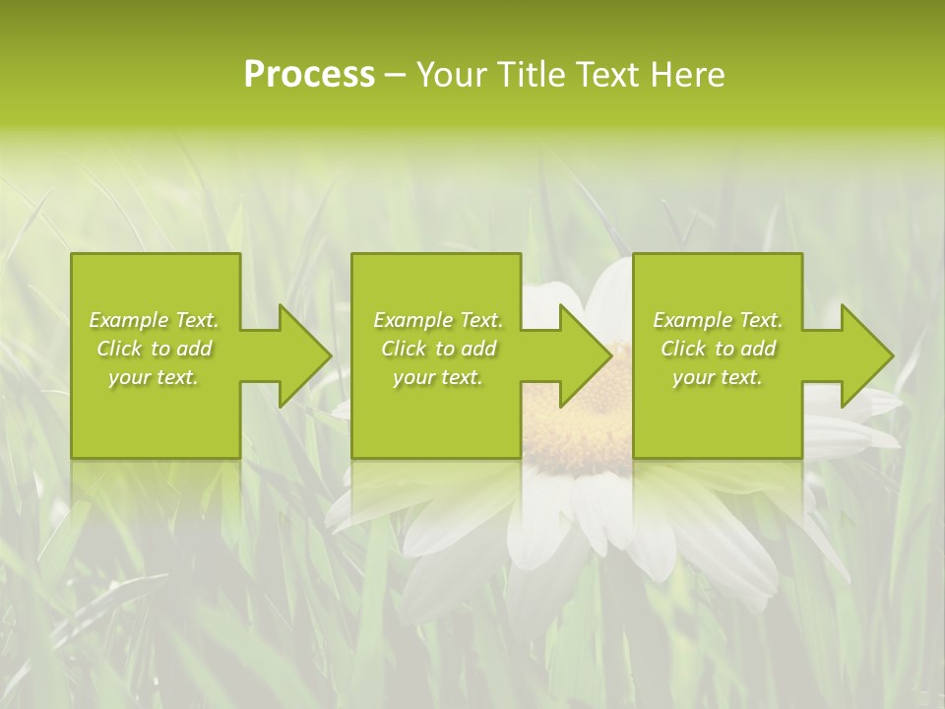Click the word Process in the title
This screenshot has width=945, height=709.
click(309, 75)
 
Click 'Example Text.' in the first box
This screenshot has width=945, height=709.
click(154, 320)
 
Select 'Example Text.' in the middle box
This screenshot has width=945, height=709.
click(438, 320)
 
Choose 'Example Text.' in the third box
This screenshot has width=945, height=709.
click(718, 320)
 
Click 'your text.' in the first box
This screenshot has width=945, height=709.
click(154, 377)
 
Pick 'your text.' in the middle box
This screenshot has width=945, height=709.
click(438, 377)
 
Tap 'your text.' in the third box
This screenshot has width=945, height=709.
click(718, 377)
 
